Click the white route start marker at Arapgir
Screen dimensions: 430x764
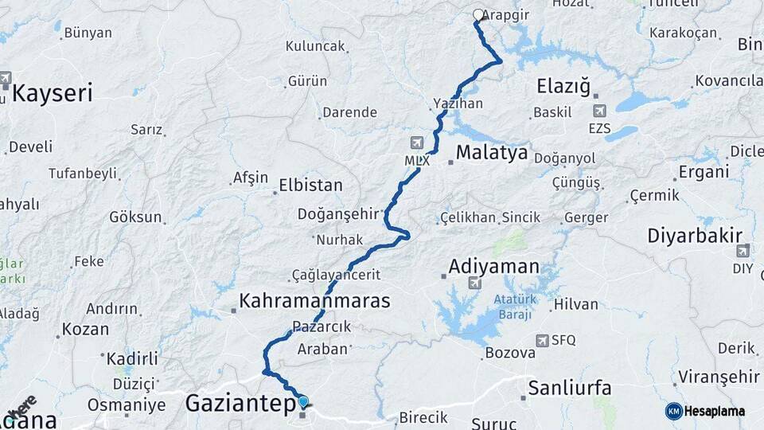(x=478, y=14)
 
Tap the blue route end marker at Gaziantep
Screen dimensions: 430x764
(x=302, y=401)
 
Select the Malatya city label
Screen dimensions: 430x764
(x=492, y=152)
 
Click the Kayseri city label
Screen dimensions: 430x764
(x=53, y=92)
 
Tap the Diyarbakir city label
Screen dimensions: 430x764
(x=694, y=235)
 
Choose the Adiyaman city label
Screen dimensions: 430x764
(x=493, y=266)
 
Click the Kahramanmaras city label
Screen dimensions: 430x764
(x=315, y=301)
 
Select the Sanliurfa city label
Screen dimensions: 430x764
(x=570, y=389)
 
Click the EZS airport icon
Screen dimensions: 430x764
(x=598, y=111)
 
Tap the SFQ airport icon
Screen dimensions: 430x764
(x=543, y=340)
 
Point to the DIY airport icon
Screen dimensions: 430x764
(x=743, y=251)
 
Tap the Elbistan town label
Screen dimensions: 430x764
(x=310, y=186)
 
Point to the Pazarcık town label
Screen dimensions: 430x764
(x=322, y=326)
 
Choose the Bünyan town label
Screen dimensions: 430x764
(x=88, y=33)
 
